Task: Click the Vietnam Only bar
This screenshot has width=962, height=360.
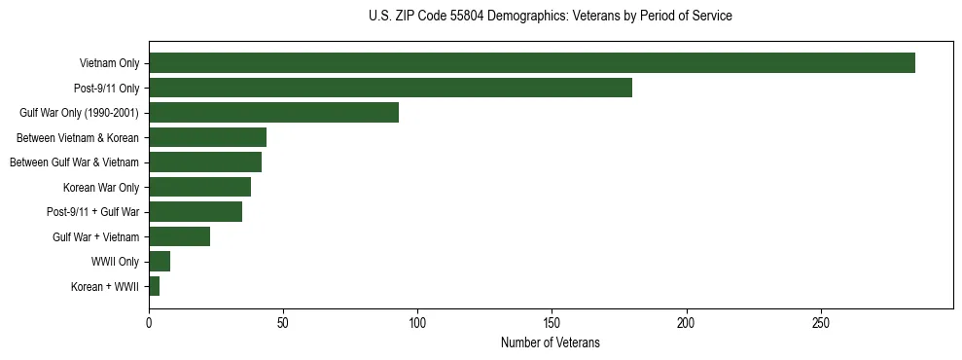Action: click(532, 63)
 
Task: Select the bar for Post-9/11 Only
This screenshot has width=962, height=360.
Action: click(390, 88)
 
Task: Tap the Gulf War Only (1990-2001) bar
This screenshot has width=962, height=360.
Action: click(273, 113)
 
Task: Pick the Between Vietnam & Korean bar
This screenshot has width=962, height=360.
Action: click(207, 137)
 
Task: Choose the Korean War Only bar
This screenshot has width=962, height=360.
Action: click(199, 187)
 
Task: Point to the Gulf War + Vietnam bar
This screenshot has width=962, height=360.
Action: click(179, 236)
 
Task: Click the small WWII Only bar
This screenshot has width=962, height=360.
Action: click(160, 261)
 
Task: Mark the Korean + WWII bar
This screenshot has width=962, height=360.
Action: click(154, 286)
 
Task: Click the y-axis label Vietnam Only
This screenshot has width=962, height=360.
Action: click(109, 64)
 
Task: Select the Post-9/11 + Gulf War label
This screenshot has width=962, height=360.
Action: click(92, 212)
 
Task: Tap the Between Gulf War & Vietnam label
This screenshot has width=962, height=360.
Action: click(74, 162)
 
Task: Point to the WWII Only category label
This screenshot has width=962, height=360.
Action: click(115, 262)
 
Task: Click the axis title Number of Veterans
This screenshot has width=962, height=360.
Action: click(550, 343)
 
